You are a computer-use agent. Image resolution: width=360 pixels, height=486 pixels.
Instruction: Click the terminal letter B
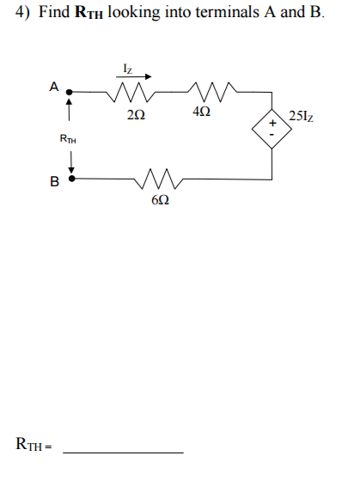pos(54,181)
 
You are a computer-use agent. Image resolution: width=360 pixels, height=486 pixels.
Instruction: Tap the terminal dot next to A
pos(71,91)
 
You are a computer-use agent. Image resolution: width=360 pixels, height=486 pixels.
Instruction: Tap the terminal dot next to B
pos(72,179)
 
